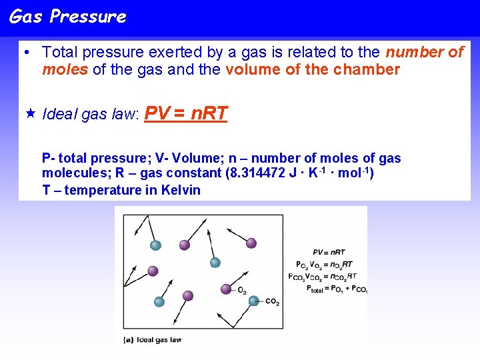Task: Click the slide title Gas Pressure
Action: point(67,17)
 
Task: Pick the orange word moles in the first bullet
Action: point(65,69)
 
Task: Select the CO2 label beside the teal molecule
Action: point(272,302)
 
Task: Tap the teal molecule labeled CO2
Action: point(253,301)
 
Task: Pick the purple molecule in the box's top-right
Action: point(251,243)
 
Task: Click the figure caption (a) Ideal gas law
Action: point(153,340)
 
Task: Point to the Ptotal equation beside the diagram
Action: point(336,289)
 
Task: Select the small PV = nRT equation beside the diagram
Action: point(329,252)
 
